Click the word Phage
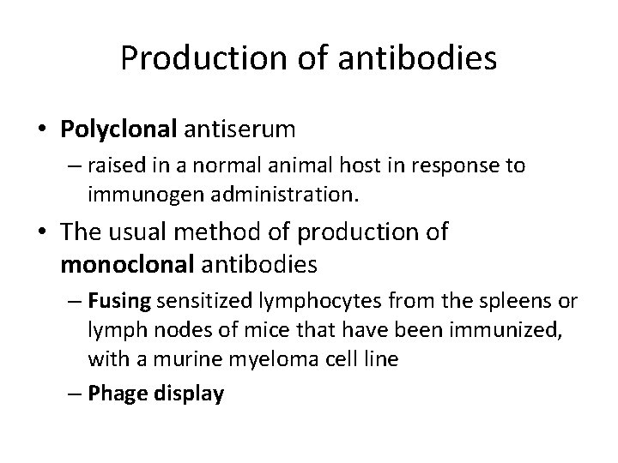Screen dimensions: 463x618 pyautogui.click(x=111, y=394)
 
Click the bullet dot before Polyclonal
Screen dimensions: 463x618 pyautogui.click(x=44, y=130)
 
